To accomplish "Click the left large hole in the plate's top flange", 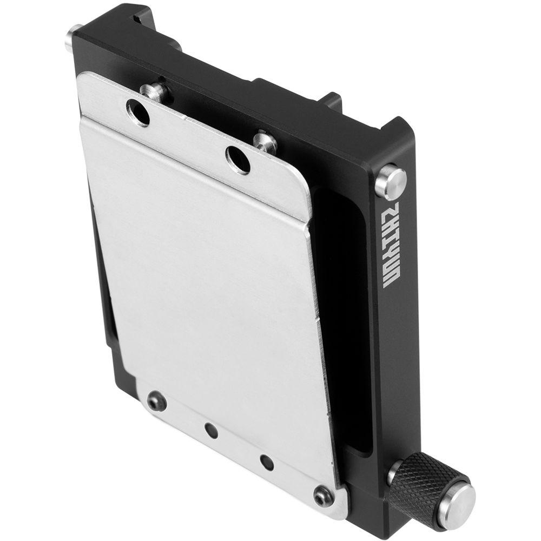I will pos(138,113).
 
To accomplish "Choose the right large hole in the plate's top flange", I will pos(238,159).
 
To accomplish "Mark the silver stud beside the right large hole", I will pos(265,141).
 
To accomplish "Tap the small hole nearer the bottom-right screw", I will pos(266,461).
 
